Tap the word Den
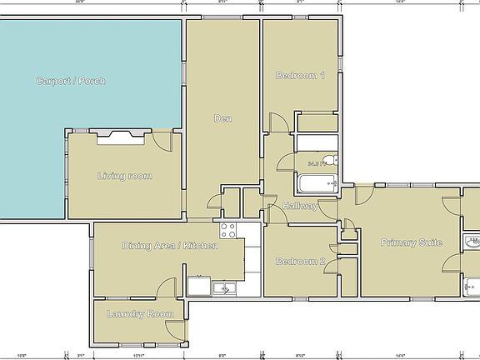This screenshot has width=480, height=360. coord(222,118)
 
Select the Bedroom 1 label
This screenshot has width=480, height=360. coord(300,76)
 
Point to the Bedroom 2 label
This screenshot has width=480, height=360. coord(300,261)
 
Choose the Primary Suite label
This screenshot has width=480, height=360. coord(411,242)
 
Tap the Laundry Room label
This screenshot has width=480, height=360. coord(140,314)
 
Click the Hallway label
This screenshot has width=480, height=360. coord(300,206)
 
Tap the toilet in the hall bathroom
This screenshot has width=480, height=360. coord(329,160)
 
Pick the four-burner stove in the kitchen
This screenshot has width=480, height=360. coord(228,231)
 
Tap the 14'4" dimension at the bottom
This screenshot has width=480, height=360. coord(400,356)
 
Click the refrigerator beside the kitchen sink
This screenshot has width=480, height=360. coord(199,287)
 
